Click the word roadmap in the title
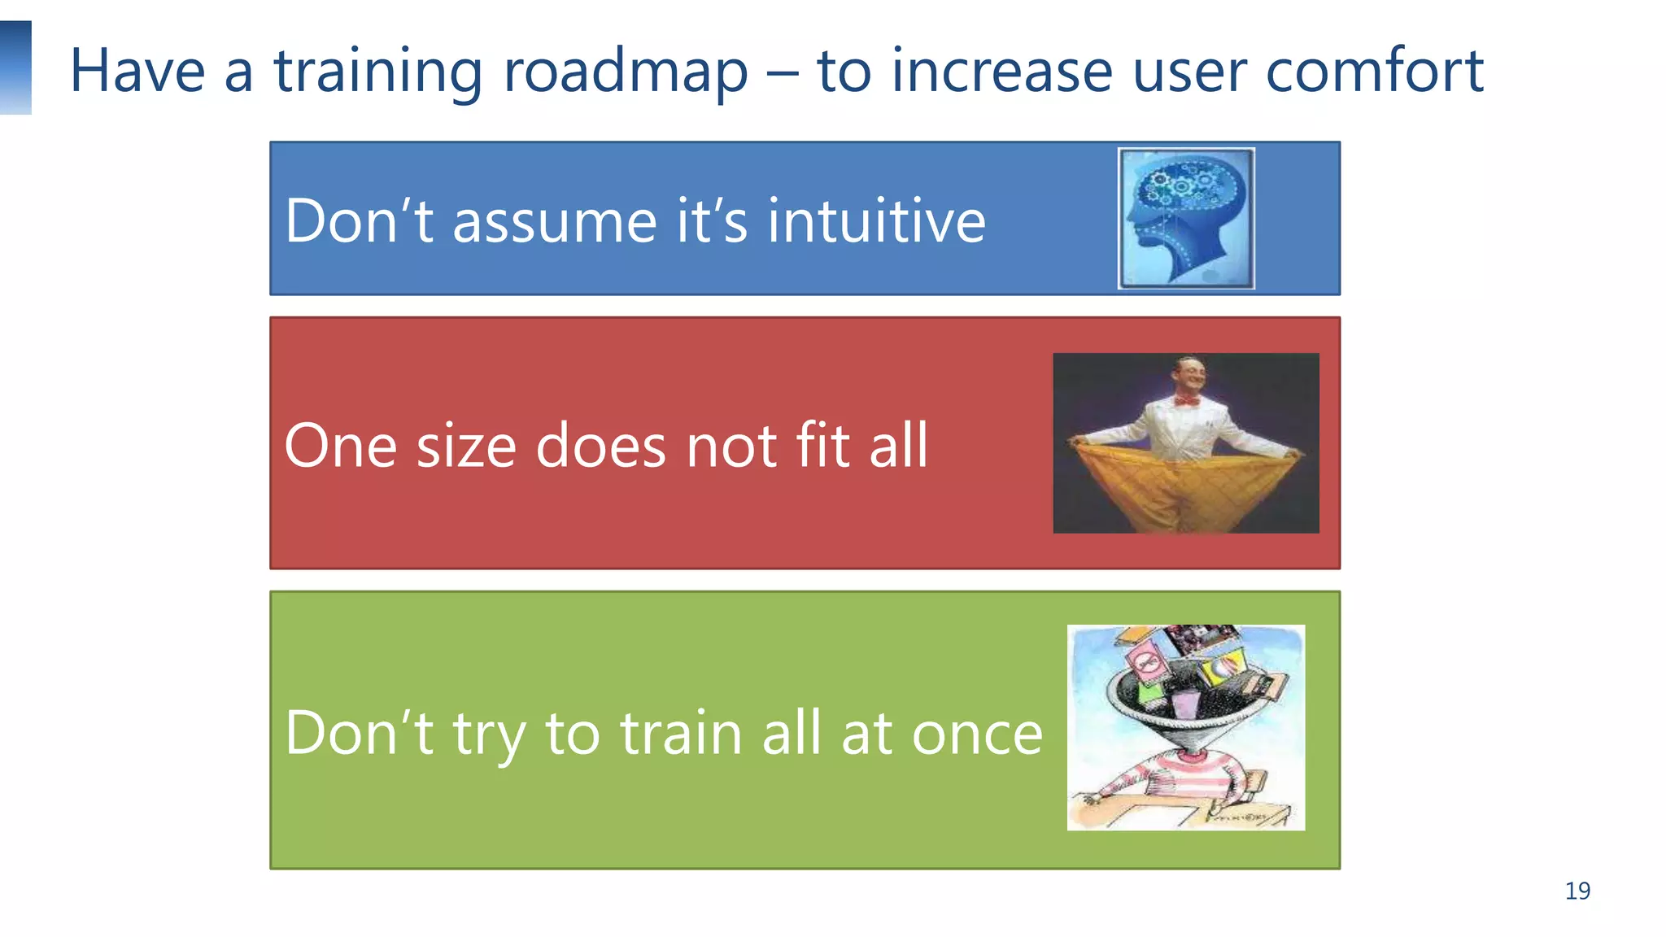pos(625,72)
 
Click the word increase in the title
pos(1001,72)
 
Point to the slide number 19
pos(1577,891)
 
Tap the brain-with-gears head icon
pos(1185,218)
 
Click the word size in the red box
pos(466,447)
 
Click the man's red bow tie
pos(1186,401)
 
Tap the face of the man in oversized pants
pos(1187,376)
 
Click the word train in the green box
pos(682,733)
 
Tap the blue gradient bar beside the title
pos(15,68)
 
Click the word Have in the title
pos(137,72)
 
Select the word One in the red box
pos(341,447)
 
